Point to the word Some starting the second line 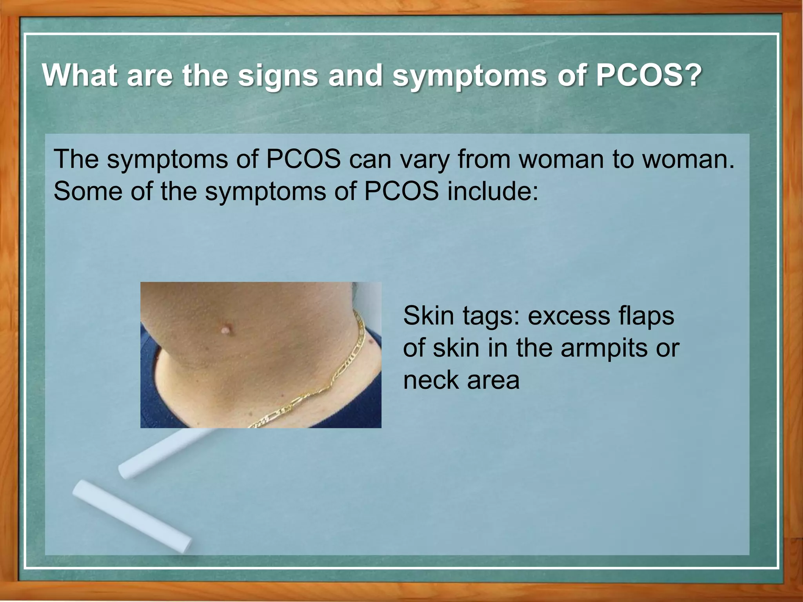pos(88,192)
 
